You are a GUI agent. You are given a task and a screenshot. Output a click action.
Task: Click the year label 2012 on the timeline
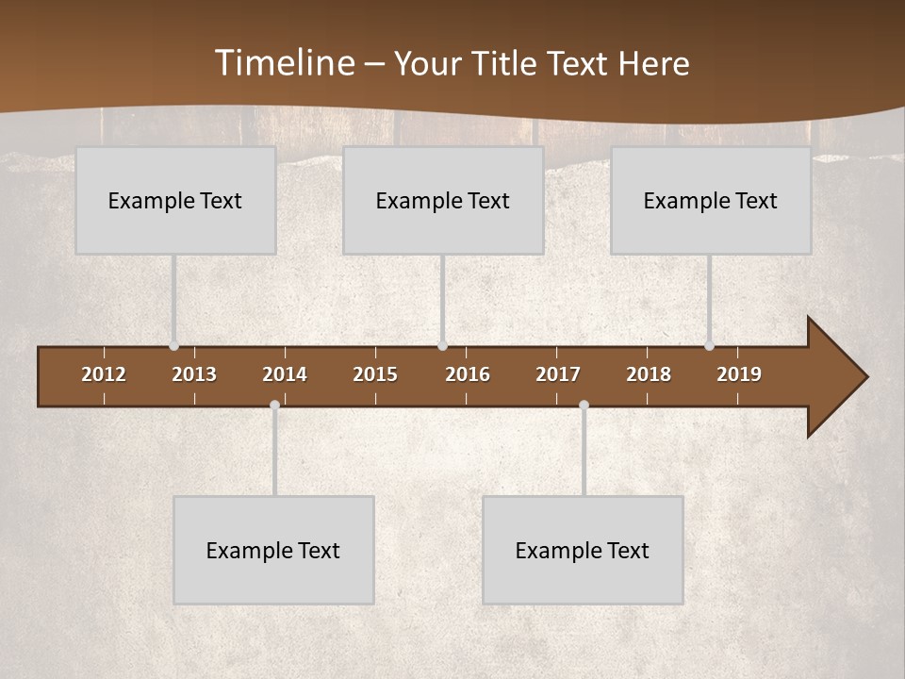coord(104,374)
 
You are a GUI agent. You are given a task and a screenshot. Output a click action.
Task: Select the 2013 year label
coord(194,374)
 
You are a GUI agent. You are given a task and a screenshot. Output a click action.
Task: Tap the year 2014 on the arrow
coord(285,374)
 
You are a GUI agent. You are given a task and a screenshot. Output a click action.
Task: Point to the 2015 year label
coord(375,374)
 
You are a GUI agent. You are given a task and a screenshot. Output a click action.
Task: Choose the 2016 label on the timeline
coord(468,374)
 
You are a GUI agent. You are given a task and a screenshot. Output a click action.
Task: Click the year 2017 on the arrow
coord(558,374)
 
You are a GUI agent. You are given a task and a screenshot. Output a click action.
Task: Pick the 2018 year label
coord(649,374)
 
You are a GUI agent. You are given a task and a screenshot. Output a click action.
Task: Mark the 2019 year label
coord(739,374)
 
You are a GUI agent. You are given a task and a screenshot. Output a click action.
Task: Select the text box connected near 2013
coord(175,200)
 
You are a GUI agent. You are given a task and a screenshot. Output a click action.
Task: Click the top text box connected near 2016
coord(443,200)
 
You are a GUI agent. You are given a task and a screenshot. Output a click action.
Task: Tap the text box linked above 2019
coord(711,200)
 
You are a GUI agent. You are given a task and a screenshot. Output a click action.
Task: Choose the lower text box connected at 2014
coord(273,550)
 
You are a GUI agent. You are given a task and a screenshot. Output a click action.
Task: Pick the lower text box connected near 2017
coord(583,550)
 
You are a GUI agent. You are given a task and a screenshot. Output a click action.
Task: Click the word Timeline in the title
coord(284,63)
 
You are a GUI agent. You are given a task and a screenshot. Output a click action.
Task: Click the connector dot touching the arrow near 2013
coord(173,346)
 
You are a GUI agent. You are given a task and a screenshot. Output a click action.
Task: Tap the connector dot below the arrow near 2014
coord(274,406)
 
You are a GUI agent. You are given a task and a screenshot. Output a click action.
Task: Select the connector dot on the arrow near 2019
coord(709,346)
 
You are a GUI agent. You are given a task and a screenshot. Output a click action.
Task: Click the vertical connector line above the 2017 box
coord(584,453)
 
